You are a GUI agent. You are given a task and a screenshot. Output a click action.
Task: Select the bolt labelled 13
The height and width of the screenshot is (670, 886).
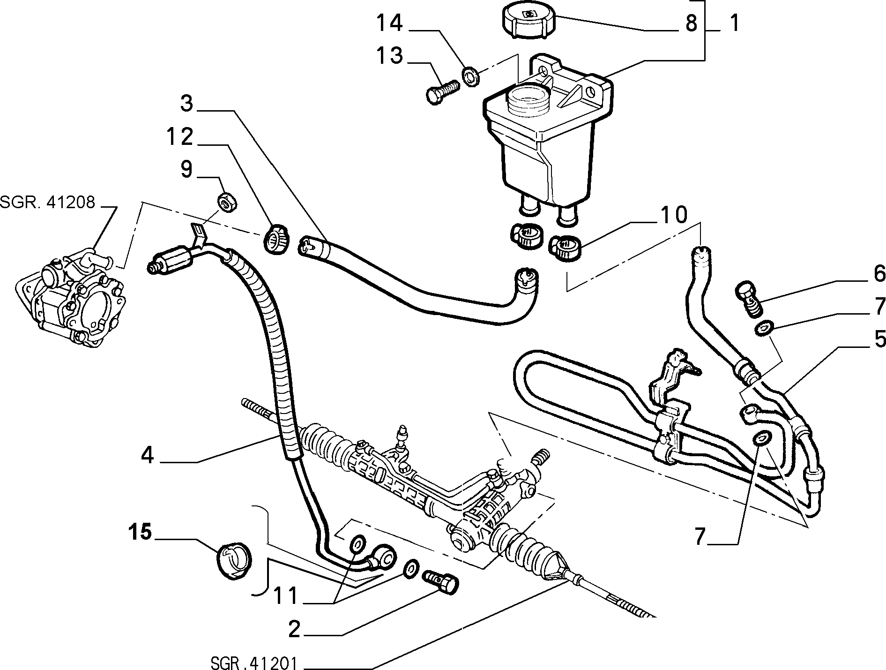coord(442,92)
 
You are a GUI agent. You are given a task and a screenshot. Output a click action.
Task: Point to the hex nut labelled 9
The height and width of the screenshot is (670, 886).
coord(228,202)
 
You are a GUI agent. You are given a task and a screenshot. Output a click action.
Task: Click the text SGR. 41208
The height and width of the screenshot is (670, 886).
coord(47,203)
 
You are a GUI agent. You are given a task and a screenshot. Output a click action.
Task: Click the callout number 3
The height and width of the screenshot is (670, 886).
coord(186,103)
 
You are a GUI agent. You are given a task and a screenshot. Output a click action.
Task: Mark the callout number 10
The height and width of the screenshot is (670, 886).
coord(674,214)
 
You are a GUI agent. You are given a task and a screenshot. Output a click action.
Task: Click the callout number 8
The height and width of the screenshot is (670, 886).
coord(691,23)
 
